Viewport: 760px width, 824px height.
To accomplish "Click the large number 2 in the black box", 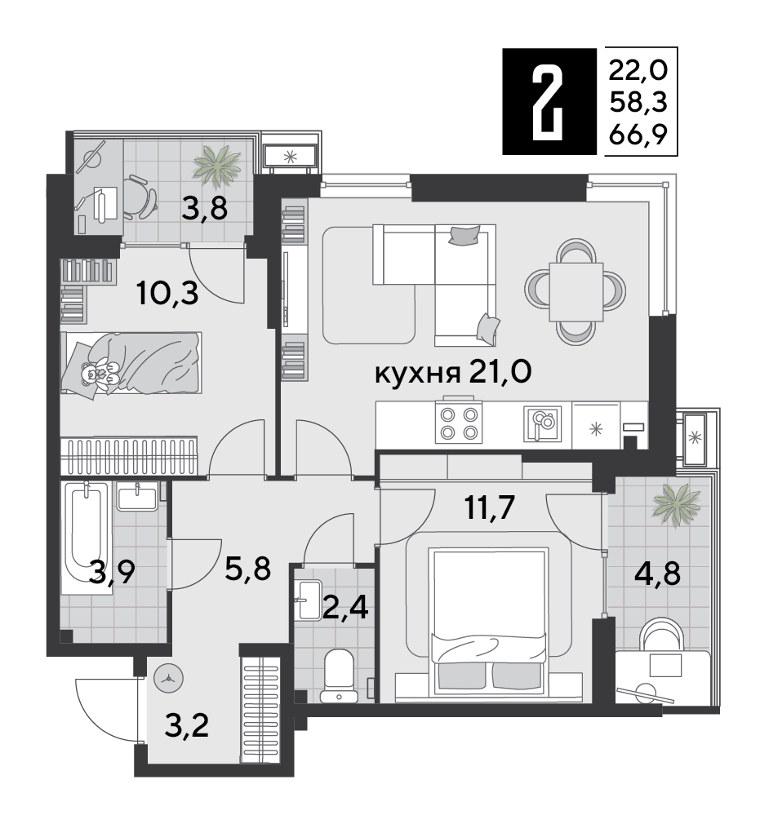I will (548, 101).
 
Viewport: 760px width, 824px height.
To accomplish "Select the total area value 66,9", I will (633, 136).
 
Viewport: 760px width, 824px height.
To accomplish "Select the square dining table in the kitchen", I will (576, 290).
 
